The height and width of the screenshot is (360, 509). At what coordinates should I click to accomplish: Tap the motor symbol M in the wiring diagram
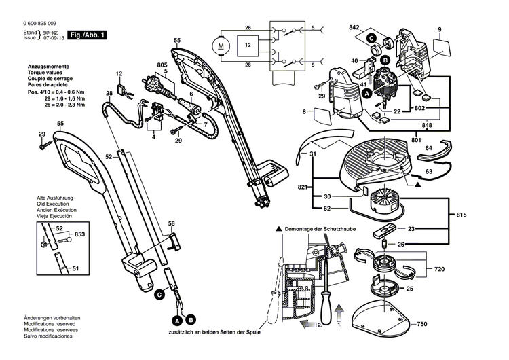[x=220, y=46]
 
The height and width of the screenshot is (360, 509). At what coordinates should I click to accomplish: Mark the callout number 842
[x=354, y=28]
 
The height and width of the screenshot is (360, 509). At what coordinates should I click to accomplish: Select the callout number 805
[x=162, y=65]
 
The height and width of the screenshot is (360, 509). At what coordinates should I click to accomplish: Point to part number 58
[x=172, y=223]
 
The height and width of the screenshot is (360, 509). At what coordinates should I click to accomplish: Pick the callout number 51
[x=76, y=269]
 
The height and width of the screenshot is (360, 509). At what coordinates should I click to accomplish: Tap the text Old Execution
[x=54, y=203]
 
